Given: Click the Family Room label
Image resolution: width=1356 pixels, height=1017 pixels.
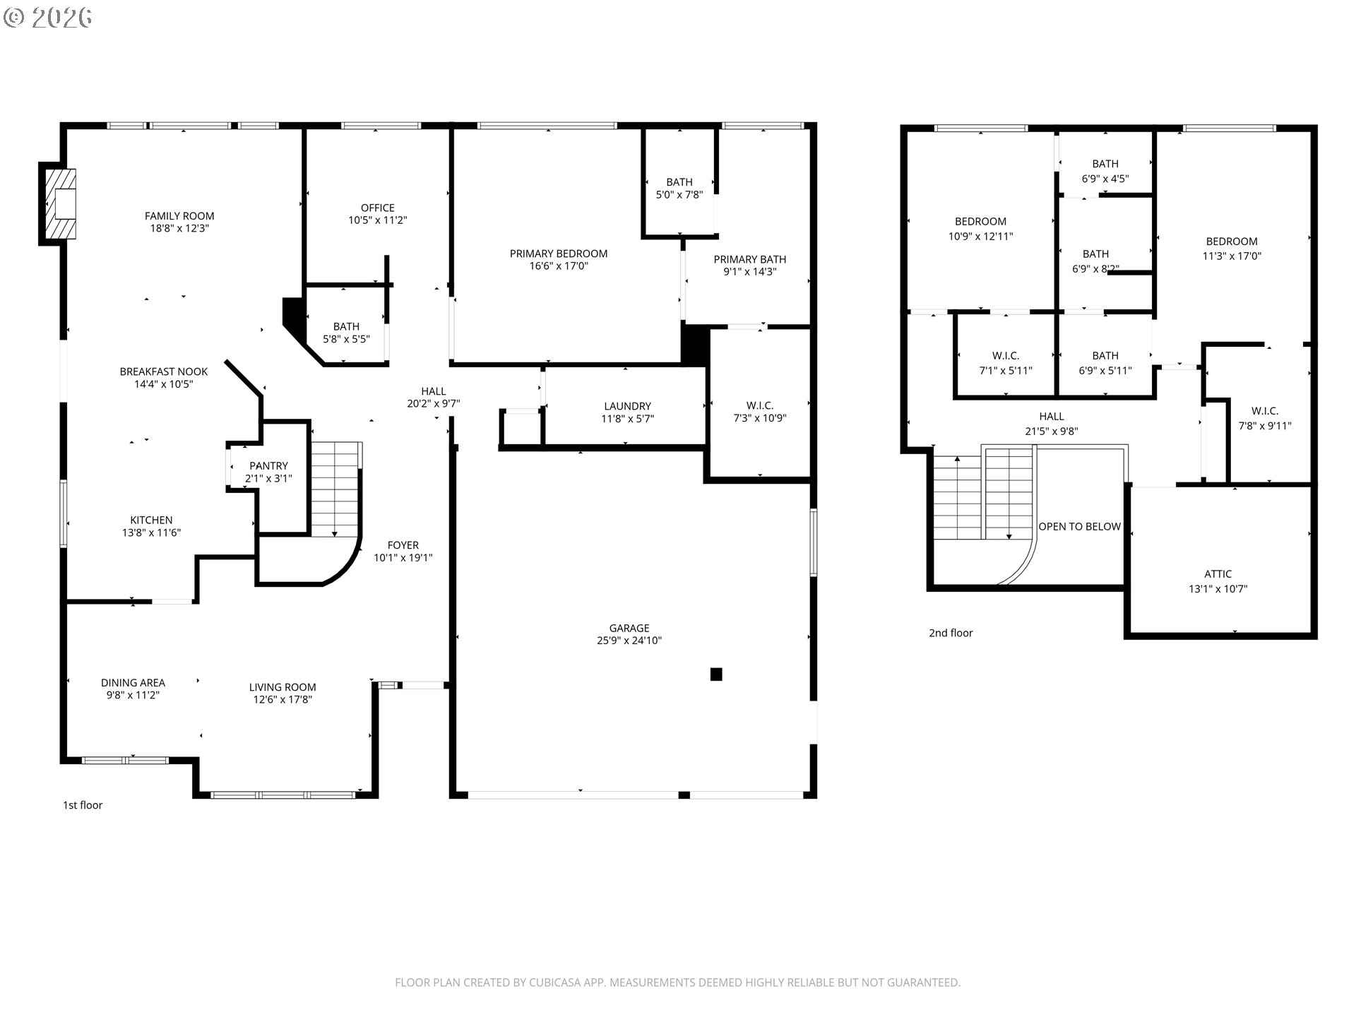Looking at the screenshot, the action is pyautogui.click(x=179, y=216).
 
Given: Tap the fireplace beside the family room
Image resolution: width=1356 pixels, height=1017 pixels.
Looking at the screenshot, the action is pyautogui.click(x=59, y=204).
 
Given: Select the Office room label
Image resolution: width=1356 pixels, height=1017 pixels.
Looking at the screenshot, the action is pyautogui.click(x=378, y=208).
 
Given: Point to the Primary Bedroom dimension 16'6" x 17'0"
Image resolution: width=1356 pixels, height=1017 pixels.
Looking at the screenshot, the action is pyautogui.click(x=559, y=266).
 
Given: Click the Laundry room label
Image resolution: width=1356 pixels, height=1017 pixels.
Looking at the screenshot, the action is pyautogui.click(x=628, y=406).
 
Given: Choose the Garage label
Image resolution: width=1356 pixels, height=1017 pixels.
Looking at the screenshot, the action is pyautogui.click(x=629, y=628).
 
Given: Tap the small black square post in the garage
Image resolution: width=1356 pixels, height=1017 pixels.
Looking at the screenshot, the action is pyautogui.click(x=716, y=674).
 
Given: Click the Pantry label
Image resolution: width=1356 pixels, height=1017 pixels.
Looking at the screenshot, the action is pyautogui.click(x=269, y=466).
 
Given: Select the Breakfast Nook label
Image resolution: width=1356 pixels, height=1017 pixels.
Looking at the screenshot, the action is pyautogui.click(x=164, y=371).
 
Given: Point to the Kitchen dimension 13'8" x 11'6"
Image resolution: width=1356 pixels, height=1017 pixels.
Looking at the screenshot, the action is pyautogui.click(x=151, y=533).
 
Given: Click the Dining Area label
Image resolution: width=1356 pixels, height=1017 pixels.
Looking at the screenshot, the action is pyautogui.click(x=133, y=682).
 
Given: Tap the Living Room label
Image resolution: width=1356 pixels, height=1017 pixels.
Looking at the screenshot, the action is pyautogui.click(x=282, y=687).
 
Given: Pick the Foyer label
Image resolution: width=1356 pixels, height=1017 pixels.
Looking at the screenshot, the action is pyautogui.click(x=403, y=545).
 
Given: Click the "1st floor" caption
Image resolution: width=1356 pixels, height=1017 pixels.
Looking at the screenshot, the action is pyautogui.click(x=83, y=805).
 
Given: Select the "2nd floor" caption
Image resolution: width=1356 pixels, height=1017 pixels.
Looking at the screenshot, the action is pyautogui.click(x=951, y=633).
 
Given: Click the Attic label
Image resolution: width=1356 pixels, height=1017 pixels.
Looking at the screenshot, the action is pyautogui.click(x=1218, y=574).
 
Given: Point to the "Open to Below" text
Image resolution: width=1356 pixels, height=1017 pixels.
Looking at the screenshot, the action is pyautogui.click(x=1079, y=527).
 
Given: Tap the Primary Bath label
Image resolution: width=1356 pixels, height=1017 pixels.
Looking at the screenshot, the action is pyautogui.click(x=750, y=259).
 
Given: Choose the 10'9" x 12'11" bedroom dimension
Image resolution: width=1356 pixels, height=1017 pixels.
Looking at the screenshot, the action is pyautogui.click(x=981, y=237).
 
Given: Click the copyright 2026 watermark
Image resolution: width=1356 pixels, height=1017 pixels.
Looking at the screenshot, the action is pyautogui.click(x=48, y=18).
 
